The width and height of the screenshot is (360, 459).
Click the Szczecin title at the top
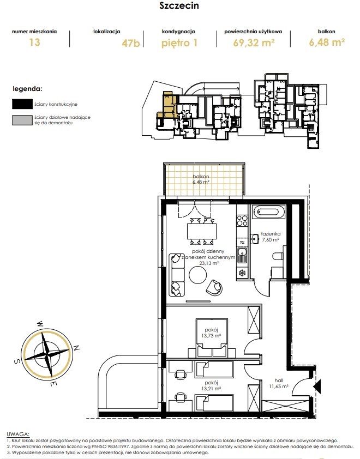tap(179, 5)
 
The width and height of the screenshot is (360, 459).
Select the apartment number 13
tap(34, 42)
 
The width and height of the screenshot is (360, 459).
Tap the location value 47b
tap(131, 43)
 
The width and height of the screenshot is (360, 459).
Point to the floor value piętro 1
tap(179, 43)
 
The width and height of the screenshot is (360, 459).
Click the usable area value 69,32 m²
tap(254, 43)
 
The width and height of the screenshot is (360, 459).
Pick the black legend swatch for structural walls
tap(22, 104)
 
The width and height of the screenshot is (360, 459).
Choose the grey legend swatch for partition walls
tap(22, 120)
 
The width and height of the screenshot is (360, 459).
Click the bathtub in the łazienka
tap(269, 212)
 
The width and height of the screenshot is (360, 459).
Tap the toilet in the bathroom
tap(278, 256)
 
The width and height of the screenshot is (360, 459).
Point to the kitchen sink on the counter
tap(242, 255)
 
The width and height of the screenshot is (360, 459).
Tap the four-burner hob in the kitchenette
tap(242, 220)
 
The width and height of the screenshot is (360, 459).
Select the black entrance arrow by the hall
tap(317, 386)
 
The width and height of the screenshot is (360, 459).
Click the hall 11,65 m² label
tap(279, 383)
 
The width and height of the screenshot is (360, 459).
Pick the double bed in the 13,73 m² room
tap(212, 338)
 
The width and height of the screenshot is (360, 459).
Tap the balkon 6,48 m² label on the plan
tap(201, 179)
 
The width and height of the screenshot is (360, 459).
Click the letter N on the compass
tap(76, 348)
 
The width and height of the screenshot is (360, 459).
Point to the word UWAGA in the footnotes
tap(18, 434)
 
